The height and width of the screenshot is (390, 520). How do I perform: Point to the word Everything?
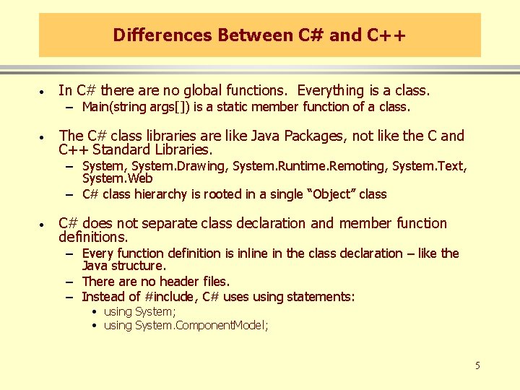click(x=331, y=91)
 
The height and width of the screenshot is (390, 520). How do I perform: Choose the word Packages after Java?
click(x=313, y=136)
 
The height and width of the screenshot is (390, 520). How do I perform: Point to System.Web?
click(x=117, y=178)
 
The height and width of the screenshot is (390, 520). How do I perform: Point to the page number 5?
click(x=477, y=365)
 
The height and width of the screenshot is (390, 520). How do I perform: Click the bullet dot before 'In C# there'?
click(x=44, y=92)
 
